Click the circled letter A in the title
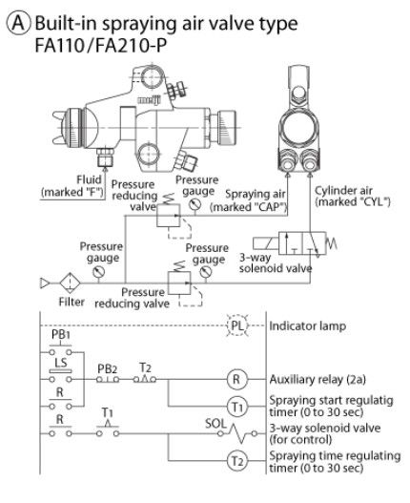click(x=18, y=23)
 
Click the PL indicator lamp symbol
click(x=237, y=325)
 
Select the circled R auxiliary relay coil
click(x=236, y=379)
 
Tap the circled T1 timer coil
click(x=236, y=407)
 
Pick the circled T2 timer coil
click(x=236, y=461)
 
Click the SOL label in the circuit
click(x=215, y=424)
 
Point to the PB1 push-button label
click(x=61, y=335)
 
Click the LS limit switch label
click(x=61, y=362)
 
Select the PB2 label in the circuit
click(x=107, y=369)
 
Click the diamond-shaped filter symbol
click(x=70, y=283)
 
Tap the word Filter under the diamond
click(x=72, y=302)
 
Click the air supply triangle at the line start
click(x=45, y=283)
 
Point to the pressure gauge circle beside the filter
click(x=99, y=272)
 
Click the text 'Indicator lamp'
click(x=308, y=325)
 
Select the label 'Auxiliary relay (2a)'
click(x=318, y=380)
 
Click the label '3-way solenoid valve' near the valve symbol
click(x=276, y=262)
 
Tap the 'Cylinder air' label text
click(x=343, y=191)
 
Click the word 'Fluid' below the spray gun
click(x=89, y=179)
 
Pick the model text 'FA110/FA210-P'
click(x=101, y=45)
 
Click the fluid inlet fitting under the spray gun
click(x=105, y=157)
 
